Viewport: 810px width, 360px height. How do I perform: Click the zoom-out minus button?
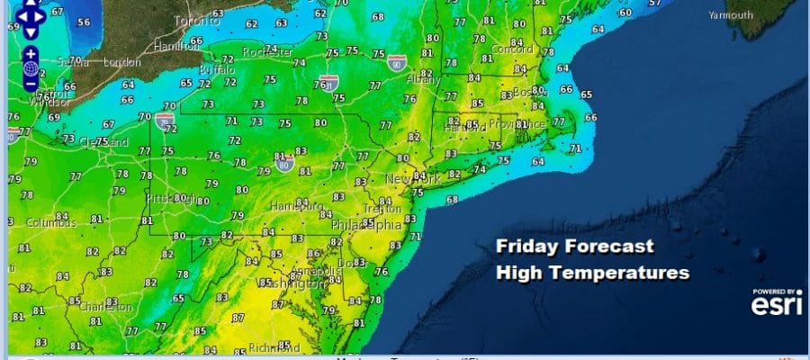tap(31, 85)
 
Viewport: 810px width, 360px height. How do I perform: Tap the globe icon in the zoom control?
tap(31, 68)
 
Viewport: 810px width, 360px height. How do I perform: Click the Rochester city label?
tap(270, 52)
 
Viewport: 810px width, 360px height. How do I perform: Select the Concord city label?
tap(511, 49)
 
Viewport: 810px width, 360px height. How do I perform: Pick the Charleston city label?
tap(104, 306)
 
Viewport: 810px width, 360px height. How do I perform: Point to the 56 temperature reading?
tap(84, 22)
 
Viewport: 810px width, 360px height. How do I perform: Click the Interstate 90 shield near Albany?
tap(398, 63)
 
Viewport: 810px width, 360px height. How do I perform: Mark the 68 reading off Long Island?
tap(452, 199)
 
